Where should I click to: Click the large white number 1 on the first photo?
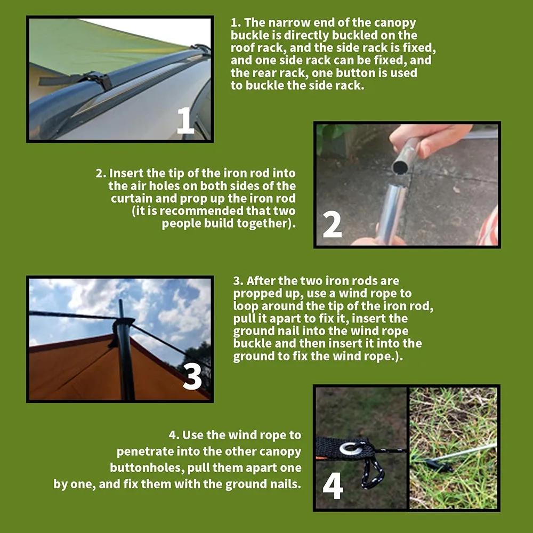coord(185,120)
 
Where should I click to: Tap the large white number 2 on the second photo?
coord(332,224)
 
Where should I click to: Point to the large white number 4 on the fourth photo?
coord(333,486)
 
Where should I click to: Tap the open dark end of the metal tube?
coord(400,167)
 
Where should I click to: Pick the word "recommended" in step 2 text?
coord(202,211)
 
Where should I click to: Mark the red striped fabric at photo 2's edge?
coord(489,228)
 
